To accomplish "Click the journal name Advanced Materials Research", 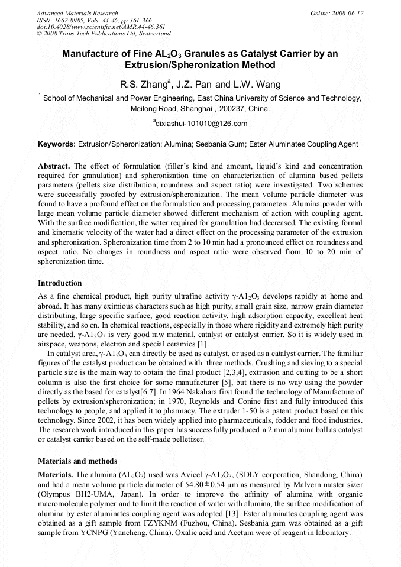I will pyautogui.click(x=77, y=13).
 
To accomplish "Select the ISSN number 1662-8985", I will pyautogui.click(x=71, y=20).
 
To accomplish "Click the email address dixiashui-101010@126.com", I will pyautogui.click(x=201, y=124).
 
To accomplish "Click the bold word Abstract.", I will pyautogui.click(x=54, y=167).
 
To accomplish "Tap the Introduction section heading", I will pyautogui.click(x=60, y=283).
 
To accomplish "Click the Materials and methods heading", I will pyautogui.click(x=77, y=461).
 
